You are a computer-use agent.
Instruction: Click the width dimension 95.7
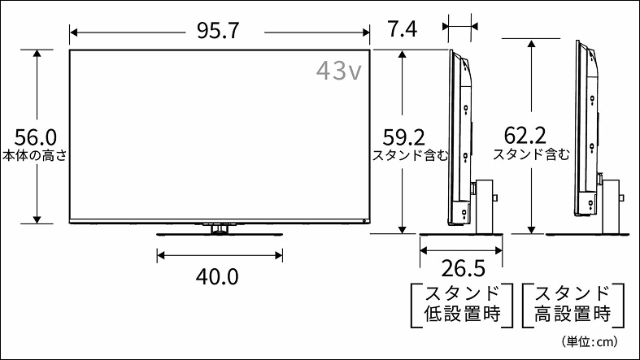pos(217,31)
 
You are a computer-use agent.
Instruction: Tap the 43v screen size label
pos(338,71)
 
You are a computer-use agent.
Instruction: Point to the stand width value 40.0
pos(217,276)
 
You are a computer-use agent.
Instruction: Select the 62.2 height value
pos(525,134)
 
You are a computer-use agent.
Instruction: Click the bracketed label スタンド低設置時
pos(462,303)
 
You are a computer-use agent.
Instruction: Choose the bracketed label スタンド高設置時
pos(572,303)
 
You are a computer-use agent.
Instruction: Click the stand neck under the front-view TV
pos(218,229)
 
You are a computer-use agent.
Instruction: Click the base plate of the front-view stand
pos(218,236)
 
